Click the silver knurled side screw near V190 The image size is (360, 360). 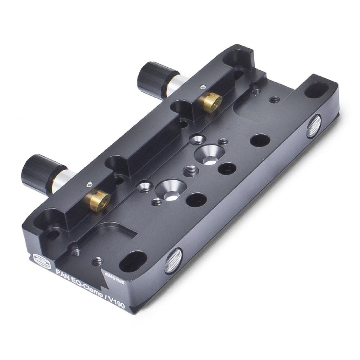click(x=173, y=261)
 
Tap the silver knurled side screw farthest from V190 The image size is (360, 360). click(x=314, y=126)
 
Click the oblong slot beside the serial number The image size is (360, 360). click(x=133, y=261)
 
